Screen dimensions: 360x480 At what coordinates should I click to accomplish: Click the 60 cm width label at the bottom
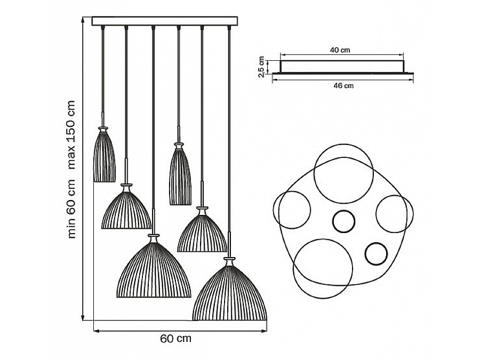tap(175, 339)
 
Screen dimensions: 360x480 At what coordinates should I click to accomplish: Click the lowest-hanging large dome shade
tap(230, 293)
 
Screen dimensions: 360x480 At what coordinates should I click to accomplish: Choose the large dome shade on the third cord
tap(154, 269)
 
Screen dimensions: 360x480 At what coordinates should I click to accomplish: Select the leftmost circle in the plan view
tap(292, 210)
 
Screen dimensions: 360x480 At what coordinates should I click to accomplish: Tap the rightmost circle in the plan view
tap(395, 213)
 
